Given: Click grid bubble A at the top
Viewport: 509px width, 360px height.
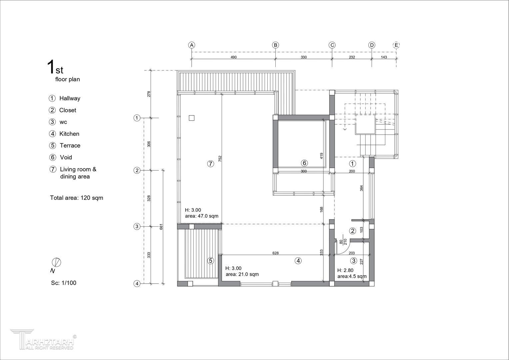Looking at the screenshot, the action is [192, 45].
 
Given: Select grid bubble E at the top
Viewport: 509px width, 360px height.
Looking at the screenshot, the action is [396, 45].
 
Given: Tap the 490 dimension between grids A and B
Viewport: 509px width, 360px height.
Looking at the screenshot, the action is [234, 57].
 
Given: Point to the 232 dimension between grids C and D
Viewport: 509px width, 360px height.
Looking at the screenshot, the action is [352, 57].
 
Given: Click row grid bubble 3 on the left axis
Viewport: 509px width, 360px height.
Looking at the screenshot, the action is [137, 226].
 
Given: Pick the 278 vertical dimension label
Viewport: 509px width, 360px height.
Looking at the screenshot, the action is [149, 94].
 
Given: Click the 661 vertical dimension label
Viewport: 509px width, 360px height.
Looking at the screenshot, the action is [161, 227].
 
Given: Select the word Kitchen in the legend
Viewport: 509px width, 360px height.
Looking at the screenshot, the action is [69, 134].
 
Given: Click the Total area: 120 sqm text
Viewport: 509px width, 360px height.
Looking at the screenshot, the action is [77, 198].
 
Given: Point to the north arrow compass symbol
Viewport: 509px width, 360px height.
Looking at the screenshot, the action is [56, 263].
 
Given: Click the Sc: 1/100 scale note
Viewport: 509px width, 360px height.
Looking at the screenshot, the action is [64, 283].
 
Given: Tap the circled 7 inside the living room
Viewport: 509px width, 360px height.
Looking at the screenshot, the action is [211, 164].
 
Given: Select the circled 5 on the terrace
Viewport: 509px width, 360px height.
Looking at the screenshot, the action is [211, 261].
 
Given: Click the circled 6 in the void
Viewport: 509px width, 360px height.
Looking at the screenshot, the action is [304, 163].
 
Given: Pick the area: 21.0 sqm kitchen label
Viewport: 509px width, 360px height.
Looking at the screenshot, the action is [242, 274].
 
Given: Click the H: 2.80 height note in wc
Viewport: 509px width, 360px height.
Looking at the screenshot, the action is [345, 270].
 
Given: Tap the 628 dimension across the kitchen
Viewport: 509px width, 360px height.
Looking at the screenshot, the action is [275, 253].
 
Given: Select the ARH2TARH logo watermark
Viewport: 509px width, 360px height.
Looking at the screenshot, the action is [43, 339].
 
